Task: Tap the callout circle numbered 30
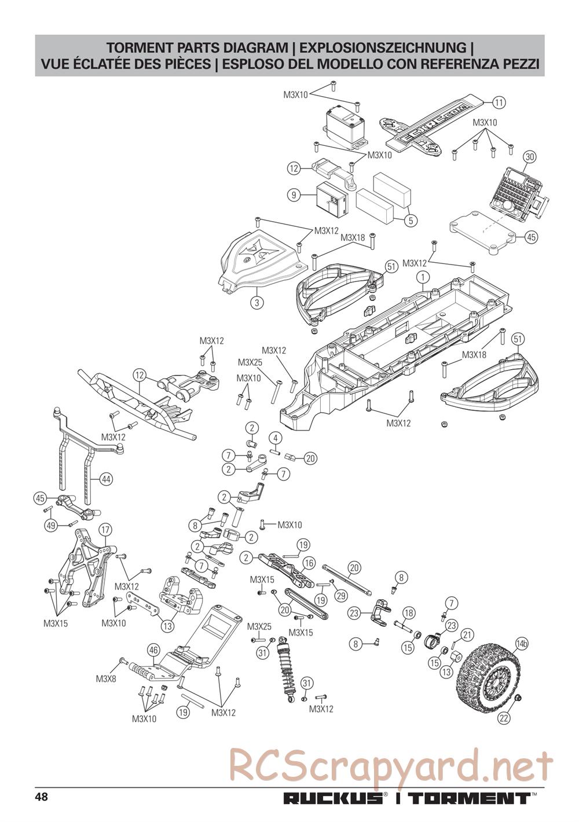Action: [x=529, y=157]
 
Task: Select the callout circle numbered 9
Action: [x=294, y=195]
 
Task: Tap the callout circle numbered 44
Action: [x=106, y=479]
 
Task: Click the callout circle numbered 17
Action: [x=105, y=530]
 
